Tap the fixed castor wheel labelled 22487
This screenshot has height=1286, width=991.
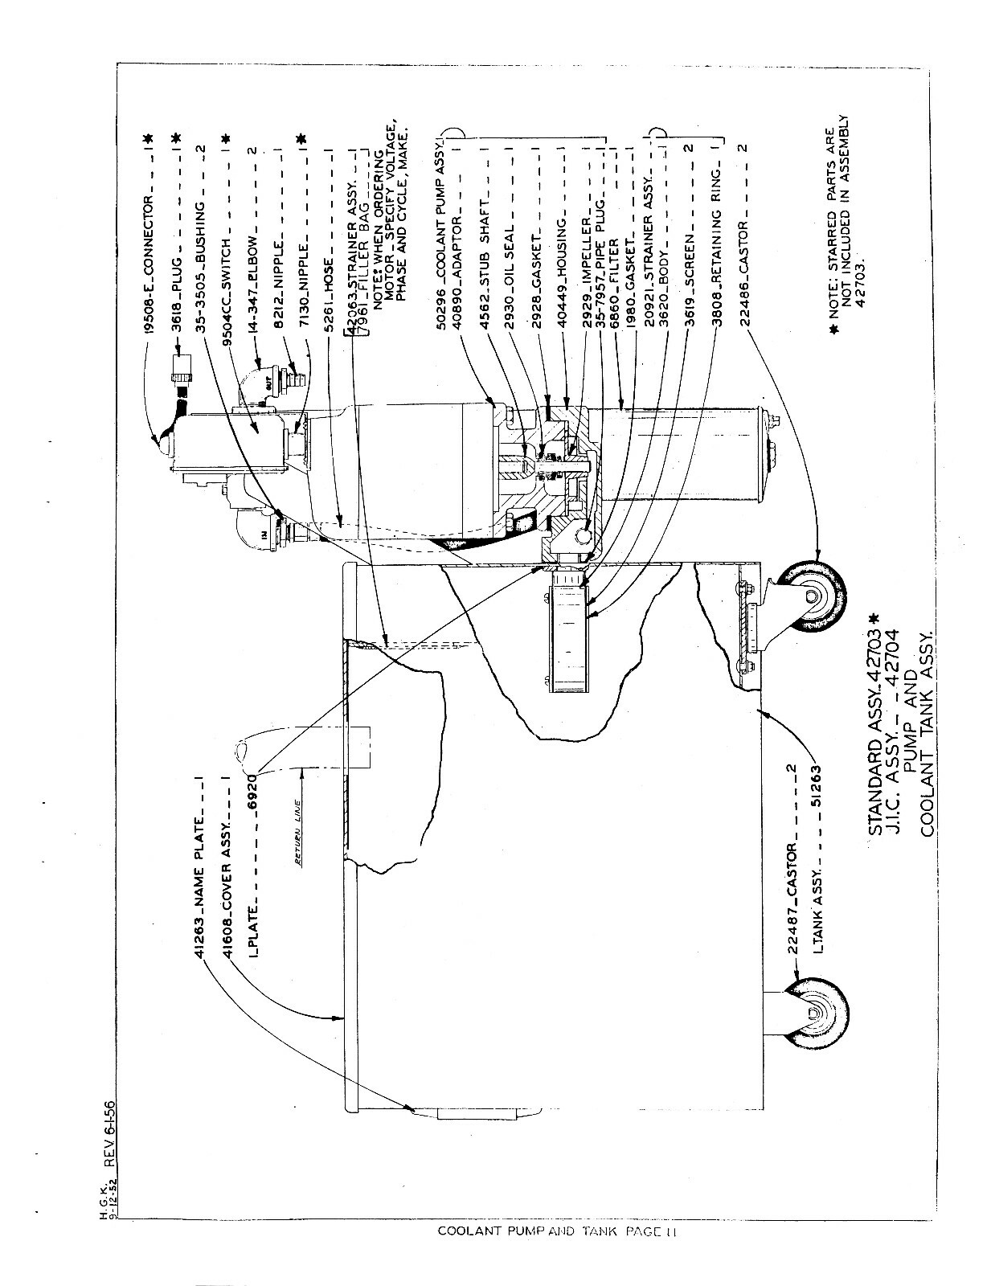click(821, 1014)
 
